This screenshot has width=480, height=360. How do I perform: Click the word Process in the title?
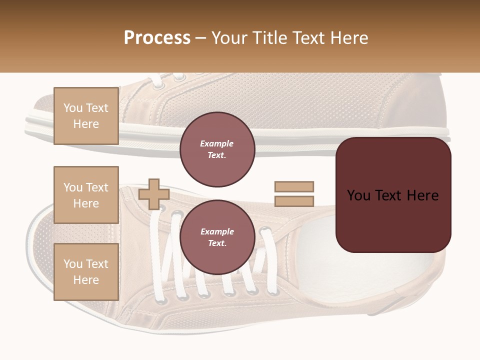coord(157,38)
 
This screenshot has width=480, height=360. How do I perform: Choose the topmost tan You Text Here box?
coord(86,116)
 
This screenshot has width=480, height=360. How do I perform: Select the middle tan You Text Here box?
coord(86,195)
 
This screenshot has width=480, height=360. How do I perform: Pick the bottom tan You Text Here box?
coord(86,272)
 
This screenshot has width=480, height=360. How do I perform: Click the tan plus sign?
coord(154,194)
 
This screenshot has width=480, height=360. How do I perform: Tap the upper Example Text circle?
coord(217,149)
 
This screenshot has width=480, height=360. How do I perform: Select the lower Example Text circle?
coord(217,237)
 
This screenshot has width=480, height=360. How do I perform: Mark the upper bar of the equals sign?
coord(294,186)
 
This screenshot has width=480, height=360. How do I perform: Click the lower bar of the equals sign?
coord(294,201)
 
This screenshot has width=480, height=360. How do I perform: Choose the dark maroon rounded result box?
coord(393,195)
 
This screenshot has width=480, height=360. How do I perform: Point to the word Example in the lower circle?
coord(217,231)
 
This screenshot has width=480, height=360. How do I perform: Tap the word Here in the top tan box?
coord(86,124)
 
